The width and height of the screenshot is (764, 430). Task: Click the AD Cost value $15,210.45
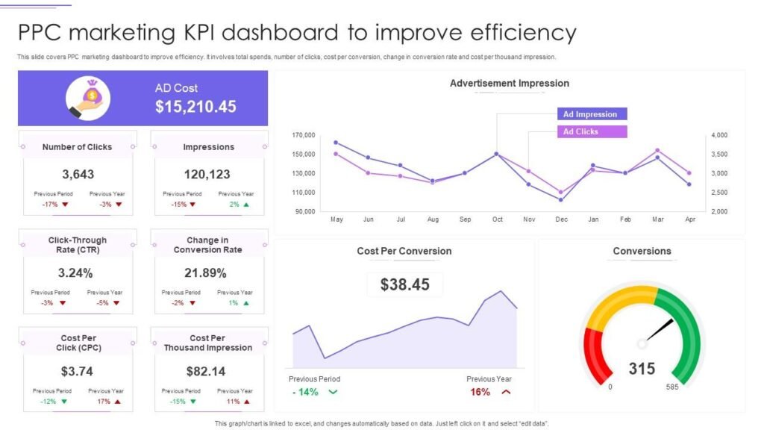pos(195,107)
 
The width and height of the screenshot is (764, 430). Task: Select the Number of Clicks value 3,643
pos(78,174)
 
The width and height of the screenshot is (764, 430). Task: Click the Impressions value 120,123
pos(208,174)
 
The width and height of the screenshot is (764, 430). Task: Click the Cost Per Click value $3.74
pos(78,371)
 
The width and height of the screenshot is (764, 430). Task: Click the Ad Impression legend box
pos(591,114)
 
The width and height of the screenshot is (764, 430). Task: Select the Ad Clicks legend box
pos(591,131)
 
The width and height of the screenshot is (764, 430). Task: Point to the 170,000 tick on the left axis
pos(304,135)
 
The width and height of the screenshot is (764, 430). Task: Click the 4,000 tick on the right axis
pos(718,135)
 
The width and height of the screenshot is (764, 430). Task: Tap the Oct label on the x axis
pos(497,219)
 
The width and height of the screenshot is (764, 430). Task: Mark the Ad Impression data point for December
pos(561,199)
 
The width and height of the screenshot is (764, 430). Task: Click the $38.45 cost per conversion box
pos(404,284)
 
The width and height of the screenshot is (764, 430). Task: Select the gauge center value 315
pos(642,368)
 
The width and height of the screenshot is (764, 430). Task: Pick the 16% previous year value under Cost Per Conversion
pos(480,392)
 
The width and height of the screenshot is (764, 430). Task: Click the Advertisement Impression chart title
pos(509,84)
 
